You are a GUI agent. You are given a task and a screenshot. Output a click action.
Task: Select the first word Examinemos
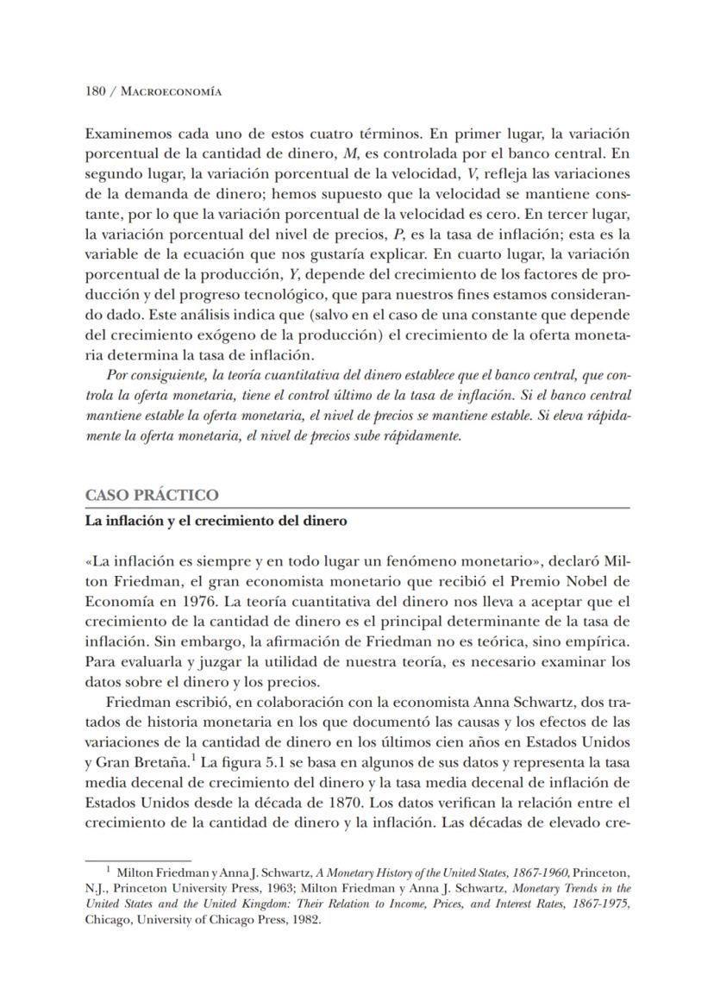tap(127, 134)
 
